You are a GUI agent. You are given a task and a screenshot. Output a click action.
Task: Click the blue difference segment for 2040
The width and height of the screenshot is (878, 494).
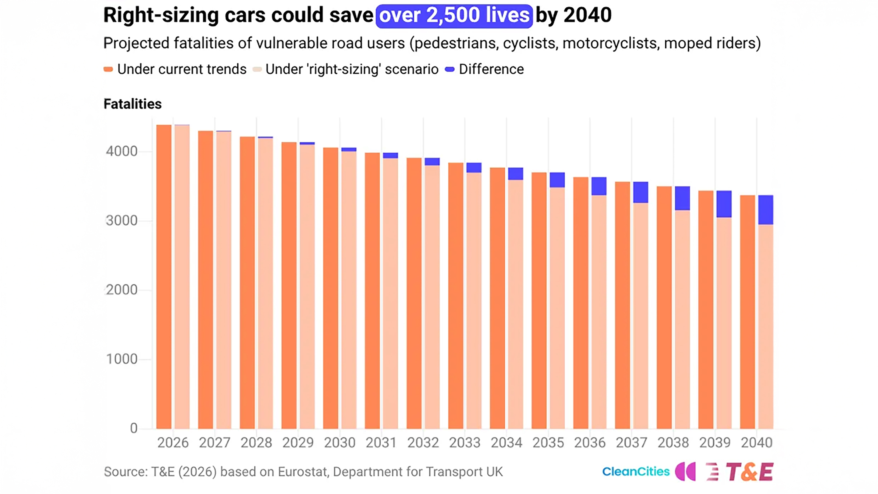point(766,210)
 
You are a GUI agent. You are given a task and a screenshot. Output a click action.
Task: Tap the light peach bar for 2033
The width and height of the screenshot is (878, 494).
point(474,301)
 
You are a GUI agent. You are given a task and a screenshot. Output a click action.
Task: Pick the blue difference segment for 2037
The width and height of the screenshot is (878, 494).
point(640,192)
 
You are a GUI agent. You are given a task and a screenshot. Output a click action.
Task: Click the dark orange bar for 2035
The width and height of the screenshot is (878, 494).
point(539,301)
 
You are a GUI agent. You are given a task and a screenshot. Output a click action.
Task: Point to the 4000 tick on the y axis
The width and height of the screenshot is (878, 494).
point(121,151)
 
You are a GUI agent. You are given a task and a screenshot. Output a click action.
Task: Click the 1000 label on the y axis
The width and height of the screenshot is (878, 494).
point(121,359)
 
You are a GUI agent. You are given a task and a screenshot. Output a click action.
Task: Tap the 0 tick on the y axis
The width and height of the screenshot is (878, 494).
point(134,428)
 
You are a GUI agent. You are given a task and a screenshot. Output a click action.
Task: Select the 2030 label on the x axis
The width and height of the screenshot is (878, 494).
point(339,442)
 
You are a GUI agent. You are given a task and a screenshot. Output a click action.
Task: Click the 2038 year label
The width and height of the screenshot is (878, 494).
point(673,442)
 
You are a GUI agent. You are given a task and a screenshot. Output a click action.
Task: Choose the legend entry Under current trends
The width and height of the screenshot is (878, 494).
point(175,69)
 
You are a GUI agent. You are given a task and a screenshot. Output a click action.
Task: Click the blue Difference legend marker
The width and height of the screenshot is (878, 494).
point(450,69)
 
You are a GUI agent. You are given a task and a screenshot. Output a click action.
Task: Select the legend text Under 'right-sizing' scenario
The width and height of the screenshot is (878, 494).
point(352,69)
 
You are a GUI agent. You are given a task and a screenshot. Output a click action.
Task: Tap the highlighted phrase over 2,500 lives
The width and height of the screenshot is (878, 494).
point(454,16)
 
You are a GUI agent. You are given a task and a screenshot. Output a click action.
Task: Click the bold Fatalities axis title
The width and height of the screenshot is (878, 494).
point(133,104)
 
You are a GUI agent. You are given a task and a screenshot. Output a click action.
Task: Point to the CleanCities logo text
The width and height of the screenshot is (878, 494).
point(636,471)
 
